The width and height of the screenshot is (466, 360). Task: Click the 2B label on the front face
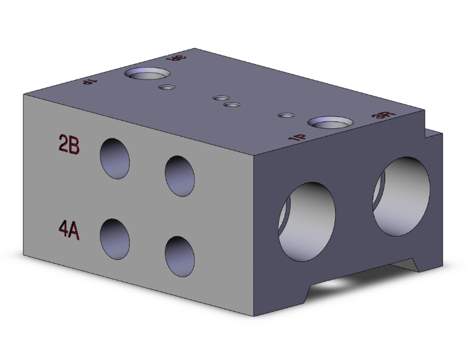[x=68, y=145]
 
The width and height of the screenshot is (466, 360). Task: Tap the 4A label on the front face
[x=68, y=230]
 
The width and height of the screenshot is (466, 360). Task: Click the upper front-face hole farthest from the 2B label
[x=179, y=176]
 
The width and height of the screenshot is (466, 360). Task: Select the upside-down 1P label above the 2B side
[x=89, y=81]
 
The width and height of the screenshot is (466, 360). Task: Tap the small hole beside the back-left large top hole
[x=166, y=88]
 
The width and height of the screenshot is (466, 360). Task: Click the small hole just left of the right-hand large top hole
[x=286, y=115]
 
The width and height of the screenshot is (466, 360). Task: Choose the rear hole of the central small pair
[x=220, y=98]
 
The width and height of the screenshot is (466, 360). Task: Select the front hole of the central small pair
[x=232, y=105]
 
